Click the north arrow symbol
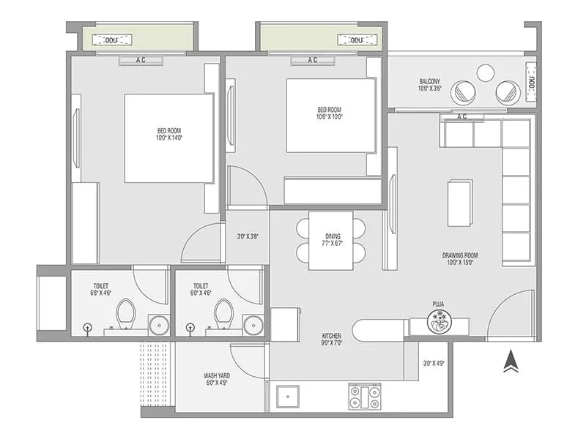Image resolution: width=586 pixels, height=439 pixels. pyautogui.click(x=511, y=361)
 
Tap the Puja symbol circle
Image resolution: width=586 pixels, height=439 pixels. pyautogui.click(x=439, y=322)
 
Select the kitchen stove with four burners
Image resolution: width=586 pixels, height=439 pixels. pyautogui.click(x=364, y=397)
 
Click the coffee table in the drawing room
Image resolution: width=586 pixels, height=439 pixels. pyautogui.click(x=460, y=203)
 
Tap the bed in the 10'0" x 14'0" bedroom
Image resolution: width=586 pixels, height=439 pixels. pyautogui.click(x=168, y=138)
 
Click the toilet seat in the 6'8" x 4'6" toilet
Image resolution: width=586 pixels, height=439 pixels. pyautogui.click(x=126, y=312)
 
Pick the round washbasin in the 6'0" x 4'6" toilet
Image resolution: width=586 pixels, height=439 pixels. pyautogui.click(x=253, y=324)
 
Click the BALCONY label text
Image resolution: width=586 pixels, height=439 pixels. pyautogui.click(x=429, y=81)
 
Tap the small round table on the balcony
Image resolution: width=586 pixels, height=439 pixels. pyautogui.click(x=486, y=73)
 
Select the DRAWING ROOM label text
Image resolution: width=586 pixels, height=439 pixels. pyautogui.click(x=459, y=255)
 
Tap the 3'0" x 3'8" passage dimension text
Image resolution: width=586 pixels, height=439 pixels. pyautogui.click(x=247, y=236)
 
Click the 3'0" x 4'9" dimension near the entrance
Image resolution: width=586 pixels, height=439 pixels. pyautogui.click(x=434, y=363)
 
